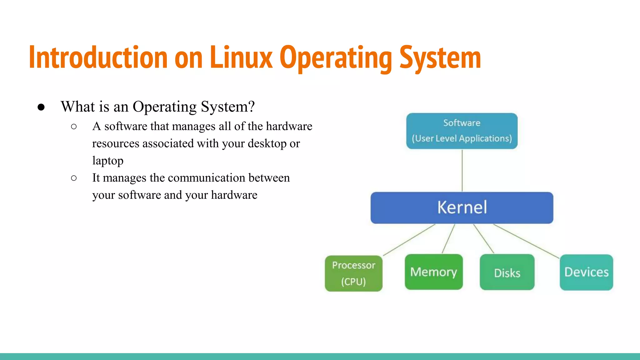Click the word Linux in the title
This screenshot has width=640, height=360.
click(241, 57)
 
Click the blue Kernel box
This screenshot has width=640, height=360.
click(462, 208)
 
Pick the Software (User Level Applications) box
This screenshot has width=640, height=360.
click(462, 131)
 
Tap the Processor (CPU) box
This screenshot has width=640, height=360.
click(353, 273)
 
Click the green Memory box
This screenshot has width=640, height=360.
click(433, 272)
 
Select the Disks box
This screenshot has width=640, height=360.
click(507, 272)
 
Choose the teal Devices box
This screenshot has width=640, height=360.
click(586, 272)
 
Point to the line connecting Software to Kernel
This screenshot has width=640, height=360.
click(462, 170)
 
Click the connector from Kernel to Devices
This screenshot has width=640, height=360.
click(526, 241)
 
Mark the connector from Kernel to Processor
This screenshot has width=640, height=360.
click(409, 240)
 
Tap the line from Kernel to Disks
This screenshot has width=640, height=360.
click(483, 238)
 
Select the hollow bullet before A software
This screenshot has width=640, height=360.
click(74, 127)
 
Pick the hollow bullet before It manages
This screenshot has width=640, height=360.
click(74, 178)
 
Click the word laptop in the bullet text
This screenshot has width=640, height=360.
click(108, 161)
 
